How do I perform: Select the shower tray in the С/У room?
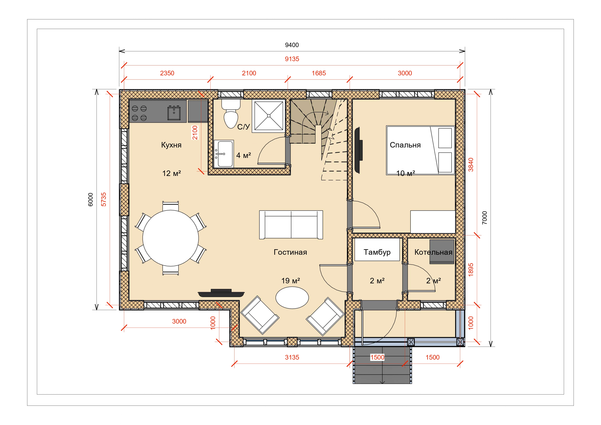coord(269,116)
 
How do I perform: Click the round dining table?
coord(171,238)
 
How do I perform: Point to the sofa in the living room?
coord(291,225)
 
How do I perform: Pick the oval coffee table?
coord(292,298)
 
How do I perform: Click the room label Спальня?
coord(405,145)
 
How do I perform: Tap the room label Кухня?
coord(171,145)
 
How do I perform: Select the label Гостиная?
coord(290,252)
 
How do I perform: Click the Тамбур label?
coord(377,252)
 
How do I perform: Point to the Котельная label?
coord(433,252)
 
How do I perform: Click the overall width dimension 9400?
coord(292,45)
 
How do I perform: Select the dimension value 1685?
coord(319,73)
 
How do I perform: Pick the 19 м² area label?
coord(290,281)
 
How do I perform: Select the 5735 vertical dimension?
coord(104,200)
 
